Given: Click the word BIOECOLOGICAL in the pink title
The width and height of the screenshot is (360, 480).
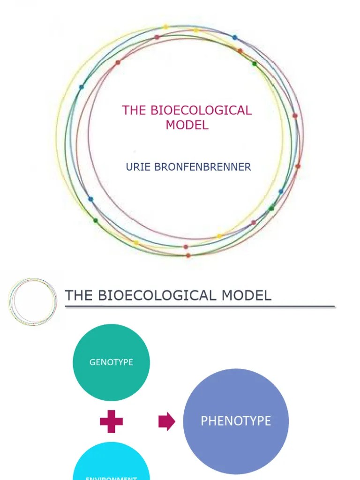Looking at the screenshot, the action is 201,111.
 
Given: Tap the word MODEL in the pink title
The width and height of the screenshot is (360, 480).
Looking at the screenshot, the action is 187,126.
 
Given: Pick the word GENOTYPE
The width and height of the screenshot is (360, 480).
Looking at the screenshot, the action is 111,362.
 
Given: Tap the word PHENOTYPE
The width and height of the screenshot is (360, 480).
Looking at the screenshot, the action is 236,421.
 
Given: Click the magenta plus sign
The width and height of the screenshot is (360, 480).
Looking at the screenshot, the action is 111,422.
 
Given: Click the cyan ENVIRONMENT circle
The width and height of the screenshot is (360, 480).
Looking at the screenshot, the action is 111,464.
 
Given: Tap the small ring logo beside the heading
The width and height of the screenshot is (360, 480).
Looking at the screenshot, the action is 33,303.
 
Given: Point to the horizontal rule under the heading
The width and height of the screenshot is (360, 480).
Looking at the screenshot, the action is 200,307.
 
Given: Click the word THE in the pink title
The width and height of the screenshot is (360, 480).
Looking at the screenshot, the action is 134,111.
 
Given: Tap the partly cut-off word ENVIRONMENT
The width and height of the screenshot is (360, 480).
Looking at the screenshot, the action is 111,478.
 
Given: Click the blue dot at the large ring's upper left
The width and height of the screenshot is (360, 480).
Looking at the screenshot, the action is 82,87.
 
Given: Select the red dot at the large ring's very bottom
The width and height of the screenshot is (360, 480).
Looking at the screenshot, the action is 188,255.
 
